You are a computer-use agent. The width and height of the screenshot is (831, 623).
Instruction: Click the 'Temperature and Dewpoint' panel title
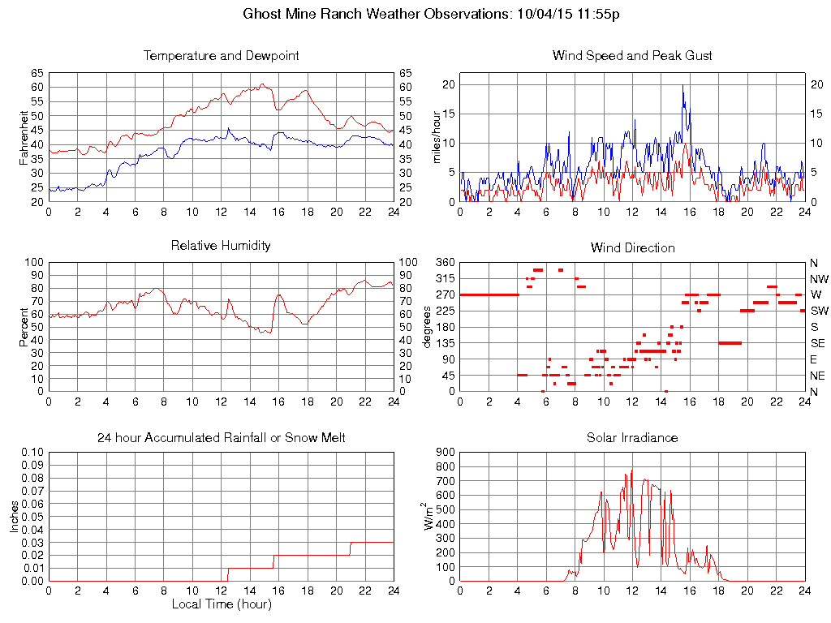[x=221, y=56]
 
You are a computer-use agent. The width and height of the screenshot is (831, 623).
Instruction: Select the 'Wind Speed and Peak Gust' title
[x=632, y=56]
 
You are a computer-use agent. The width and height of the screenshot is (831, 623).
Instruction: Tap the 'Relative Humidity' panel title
[x=221, y=246]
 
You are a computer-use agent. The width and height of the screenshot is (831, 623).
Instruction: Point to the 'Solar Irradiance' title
[x=632, y=438]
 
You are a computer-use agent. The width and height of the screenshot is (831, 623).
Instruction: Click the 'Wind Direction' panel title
[x=632, y=248]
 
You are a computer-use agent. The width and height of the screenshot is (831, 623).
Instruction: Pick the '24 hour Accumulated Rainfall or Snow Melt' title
[x=221, y=438]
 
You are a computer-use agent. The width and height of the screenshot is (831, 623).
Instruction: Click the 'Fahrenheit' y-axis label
[x=24, y=137]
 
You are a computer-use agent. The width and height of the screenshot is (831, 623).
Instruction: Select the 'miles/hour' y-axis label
[x=437, y=137]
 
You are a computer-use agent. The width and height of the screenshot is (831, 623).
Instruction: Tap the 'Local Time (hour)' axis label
[x=221, y=604]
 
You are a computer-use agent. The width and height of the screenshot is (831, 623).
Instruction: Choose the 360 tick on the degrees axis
[x=445, y=263]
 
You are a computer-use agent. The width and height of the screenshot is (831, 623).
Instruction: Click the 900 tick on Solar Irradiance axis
[x=445, y=453]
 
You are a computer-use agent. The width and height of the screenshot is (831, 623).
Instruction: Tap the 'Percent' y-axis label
[x=24, y=327]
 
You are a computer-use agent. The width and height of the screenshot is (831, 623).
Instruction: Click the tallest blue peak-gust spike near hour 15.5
[x=682, y=86]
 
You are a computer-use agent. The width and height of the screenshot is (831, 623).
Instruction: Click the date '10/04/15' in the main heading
[x=540, y=14]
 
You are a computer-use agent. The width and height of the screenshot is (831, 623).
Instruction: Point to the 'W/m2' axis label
[x=431, y=516]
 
